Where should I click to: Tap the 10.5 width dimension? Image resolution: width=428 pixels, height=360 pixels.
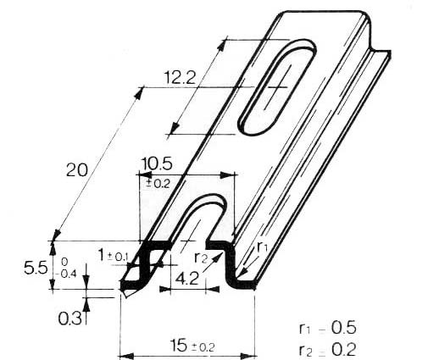click(x=156, y=163)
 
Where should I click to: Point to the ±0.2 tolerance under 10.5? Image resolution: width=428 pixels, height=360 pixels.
click(x=157, y=180)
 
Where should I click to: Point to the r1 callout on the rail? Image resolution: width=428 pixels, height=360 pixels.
click(x=263, y=246)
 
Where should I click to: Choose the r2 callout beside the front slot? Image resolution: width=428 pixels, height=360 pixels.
click(x=201, y=257)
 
